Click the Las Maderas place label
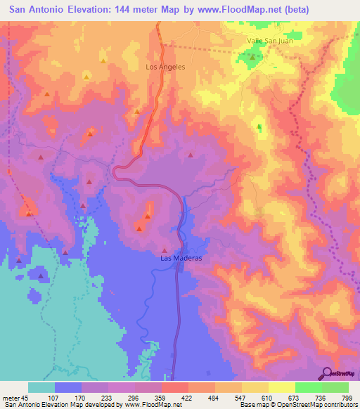point(181,258)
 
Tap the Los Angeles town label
point(165,67)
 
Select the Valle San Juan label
point(269,41)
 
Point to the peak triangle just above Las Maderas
point(165,249)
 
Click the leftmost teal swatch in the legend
point(41,387)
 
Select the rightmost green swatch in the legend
point(335,387)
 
